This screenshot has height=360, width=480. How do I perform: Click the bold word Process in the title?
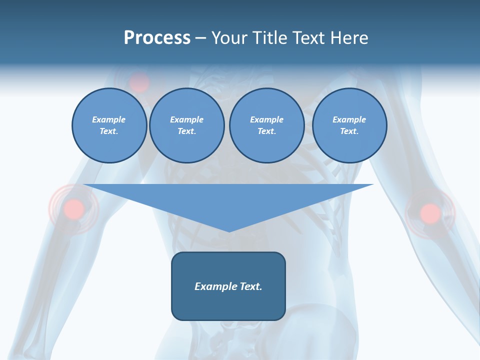click(157, 38)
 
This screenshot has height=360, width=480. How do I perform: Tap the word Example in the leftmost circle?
click(109, 119)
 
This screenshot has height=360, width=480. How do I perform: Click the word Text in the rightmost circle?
click(349, 131)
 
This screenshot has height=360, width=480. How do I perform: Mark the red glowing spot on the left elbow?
click(74, 208)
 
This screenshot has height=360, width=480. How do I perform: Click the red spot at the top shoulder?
click(139, 81)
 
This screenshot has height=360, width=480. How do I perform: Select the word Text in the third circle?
click(266, 131)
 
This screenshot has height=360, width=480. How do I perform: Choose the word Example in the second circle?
click(186, 119)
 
